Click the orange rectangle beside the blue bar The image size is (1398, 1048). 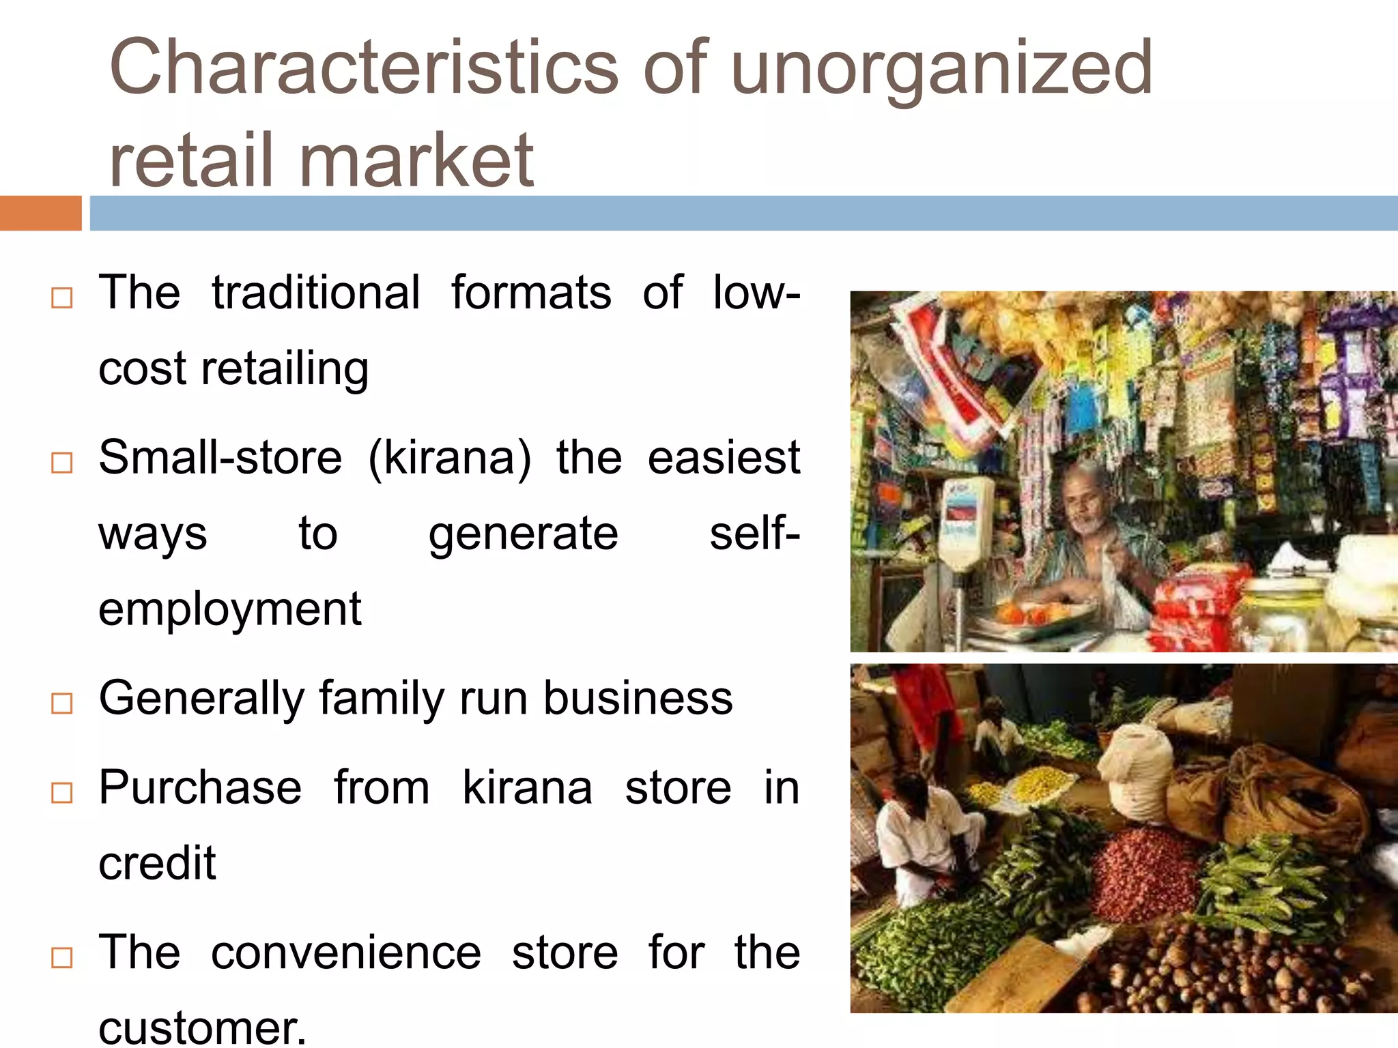(x=40, y=214)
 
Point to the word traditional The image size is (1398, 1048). (x=315, y=293)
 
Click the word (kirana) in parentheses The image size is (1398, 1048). (x=449, y=458)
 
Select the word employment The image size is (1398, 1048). (x=229, y=609)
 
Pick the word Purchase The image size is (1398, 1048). (x=199, y=788)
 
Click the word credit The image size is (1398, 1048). (x=157, y=864)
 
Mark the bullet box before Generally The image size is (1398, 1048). (x=62, y=703)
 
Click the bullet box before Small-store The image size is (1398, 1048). (x=62, y=463)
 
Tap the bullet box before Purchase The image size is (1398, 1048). (x=62, y=793)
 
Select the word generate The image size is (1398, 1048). (x=523, y=534)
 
